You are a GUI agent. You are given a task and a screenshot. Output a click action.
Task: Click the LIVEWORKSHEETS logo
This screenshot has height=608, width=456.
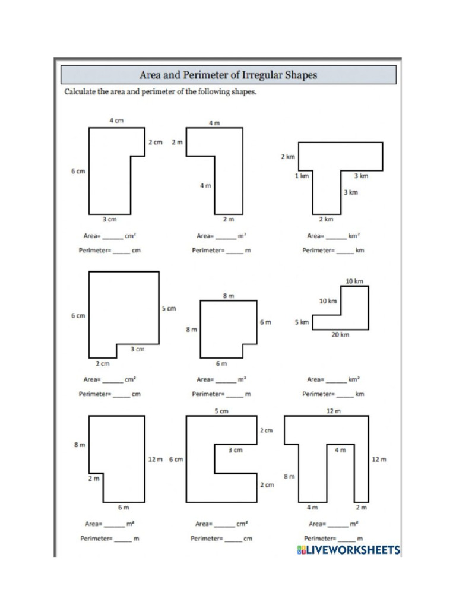tap(349, 550)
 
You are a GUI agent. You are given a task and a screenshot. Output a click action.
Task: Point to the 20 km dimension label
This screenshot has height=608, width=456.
tap(340, 335)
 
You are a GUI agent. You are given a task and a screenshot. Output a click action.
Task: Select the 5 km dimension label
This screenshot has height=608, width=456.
tap(302, 322)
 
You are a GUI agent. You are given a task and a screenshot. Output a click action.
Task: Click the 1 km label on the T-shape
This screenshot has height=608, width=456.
tap(302, 176)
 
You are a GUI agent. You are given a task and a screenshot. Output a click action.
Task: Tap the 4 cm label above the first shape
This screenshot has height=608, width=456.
tap(116, 121)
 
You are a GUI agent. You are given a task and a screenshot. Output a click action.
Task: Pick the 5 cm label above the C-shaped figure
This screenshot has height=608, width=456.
tap(221, 411)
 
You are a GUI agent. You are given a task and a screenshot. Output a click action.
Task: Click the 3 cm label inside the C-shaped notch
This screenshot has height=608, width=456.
tap(235, 451)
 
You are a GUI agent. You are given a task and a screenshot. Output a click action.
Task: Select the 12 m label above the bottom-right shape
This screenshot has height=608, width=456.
tap(333, 411)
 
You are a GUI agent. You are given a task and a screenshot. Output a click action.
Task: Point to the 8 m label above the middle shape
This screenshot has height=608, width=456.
tap(229, 295)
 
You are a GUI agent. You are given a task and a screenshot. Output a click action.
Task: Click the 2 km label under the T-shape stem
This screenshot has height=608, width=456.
tap(326, 220)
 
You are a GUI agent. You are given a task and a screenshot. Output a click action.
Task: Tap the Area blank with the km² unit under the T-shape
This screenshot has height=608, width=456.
tap(335, 236)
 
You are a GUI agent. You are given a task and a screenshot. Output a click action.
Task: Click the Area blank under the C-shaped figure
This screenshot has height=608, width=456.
tap(224, 524)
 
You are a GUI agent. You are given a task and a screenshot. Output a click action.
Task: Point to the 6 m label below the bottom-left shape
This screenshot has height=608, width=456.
tap(123, 508)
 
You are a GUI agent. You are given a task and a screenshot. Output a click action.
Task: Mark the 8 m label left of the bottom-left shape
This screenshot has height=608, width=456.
tap(79, 445)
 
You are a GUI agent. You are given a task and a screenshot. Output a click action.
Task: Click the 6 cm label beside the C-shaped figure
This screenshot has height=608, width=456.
tap(176, 460)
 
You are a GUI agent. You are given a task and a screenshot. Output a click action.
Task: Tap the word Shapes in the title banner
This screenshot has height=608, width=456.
tap(300, 75)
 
